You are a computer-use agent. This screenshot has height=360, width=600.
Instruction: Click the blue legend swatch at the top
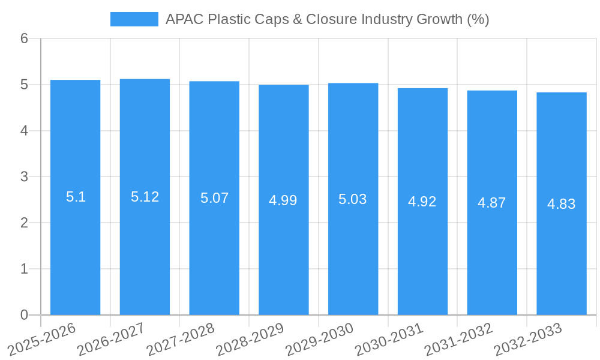134,19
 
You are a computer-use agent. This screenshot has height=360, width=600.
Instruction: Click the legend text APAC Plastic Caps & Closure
327,19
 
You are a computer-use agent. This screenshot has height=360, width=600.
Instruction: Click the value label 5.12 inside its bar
145,197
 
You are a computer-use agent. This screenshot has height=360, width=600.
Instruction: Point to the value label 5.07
214,198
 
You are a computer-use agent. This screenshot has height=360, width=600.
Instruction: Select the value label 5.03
353,199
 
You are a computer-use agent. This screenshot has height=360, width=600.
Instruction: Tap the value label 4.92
422,202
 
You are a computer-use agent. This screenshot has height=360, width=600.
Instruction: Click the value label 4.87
492,203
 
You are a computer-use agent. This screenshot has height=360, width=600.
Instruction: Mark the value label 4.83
562,204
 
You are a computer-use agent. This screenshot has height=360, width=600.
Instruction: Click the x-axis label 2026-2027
111,340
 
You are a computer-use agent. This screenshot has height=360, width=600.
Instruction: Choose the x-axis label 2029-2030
319,340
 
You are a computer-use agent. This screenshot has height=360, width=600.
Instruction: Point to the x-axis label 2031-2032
458,340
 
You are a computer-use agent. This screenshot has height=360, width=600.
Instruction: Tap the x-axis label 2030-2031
389,340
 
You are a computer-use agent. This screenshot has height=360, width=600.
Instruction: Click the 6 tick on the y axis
24,38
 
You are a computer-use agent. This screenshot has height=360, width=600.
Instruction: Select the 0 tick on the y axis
24,315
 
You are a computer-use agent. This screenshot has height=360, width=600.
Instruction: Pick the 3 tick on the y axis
24,177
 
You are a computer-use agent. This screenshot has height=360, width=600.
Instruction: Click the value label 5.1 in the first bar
76,197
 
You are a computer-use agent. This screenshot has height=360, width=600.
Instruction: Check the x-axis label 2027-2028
181,340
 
